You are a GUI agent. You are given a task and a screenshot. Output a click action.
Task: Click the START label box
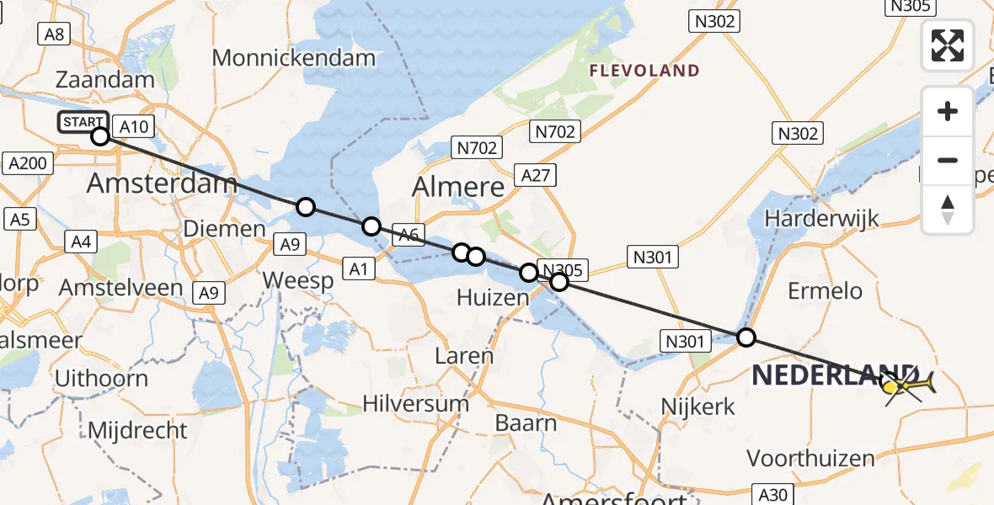click(83, 122)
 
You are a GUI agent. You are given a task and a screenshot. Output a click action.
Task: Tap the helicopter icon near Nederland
click(908, 385)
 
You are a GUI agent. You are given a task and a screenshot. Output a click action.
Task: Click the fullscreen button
click(948, 45)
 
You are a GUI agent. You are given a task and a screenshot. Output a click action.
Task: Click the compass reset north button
click(948, 209)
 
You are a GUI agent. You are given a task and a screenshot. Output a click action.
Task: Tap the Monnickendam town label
click(293, 58)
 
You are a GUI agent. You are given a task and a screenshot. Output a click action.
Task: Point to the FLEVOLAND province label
click(644, 71)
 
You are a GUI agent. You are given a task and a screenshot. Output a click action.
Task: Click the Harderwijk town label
click(821, 219)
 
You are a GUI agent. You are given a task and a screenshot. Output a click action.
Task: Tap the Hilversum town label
click(415, 403)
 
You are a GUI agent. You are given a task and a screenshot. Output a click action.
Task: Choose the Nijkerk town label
click(698, 407)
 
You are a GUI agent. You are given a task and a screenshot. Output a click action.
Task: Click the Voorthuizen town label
click(810, 459)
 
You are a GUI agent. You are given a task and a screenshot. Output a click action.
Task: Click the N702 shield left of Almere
click(476, 148)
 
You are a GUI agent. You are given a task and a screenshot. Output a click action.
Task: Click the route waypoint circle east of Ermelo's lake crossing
click(746, 338)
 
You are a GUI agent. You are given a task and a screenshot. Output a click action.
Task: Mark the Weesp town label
click(298, 280)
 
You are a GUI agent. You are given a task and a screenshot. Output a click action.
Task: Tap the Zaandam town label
click(105, 80)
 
